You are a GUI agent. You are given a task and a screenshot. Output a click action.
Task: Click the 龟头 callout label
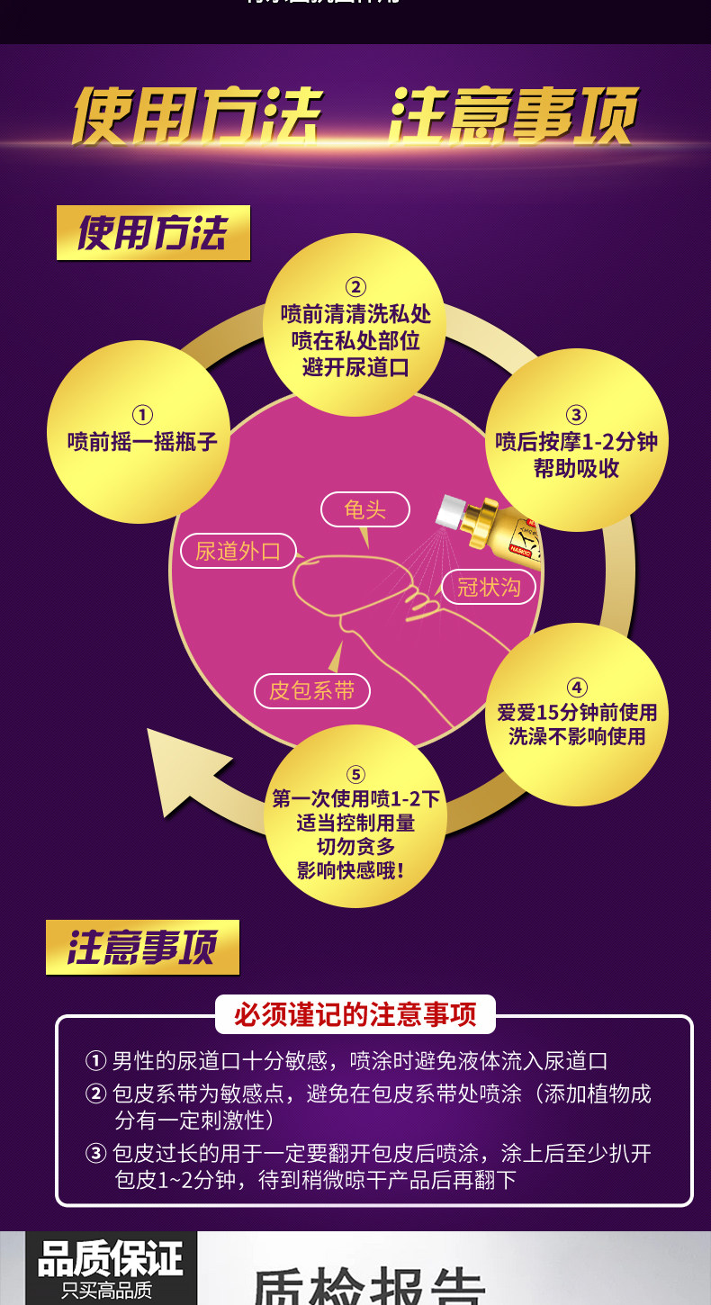(364, 509)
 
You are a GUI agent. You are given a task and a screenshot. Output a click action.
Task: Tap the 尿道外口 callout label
(238, 551)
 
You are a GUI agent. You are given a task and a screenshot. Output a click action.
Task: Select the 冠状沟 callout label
(489, 587)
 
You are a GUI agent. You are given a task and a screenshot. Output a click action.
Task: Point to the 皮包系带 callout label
(311, 690)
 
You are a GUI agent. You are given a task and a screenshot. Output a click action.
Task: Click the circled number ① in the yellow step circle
(142, 415)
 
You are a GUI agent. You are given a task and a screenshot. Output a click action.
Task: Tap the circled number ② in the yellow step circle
(356, 287)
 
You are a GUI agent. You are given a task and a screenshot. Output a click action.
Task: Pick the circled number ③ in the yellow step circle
(576, 415)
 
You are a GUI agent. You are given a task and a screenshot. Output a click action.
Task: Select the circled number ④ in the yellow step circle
(577, 687)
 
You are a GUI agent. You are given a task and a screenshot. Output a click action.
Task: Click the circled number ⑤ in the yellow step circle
(356, 774)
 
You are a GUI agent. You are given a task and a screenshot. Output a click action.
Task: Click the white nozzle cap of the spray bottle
(448, 512)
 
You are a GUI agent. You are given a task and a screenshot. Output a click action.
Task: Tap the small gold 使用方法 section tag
(153, 233)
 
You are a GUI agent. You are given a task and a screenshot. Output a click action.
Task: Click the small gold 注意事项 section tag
(142, 947)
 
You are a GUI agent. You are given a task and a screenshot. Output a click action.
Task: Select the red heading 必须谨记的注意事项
(355, 1014)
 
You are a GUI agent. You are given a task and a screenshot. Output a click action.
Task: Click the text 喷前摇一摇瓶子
(142, 442)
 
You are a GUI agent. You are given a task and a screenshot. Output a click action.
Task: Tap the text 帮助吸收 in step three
(576, 469)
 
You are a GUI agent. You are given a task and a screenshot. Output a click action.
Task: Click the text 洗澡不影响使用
(577, 736)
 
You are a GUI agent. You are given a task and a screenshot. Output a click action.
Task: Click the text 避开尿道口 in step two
(356, 367)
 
